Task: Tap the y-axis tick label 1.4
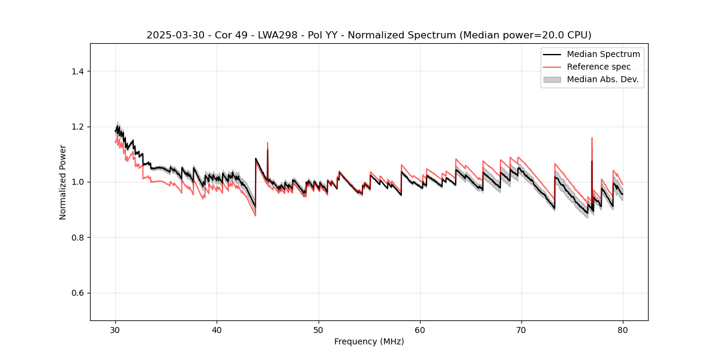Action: tap(77, 71)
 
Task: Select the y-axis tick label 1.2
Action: tap(77, 127)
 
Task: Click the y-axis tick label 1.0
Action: tap(77, 182)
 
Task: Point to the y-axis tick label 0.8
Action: tap(77, 238)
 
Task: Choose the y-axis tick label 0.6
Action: tap(77, 293)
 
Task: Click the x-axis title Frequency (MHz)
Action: tap(369, 341)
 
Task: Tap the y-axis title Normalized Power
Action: tap(63, 182)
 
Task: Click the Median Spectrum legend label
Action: tap(603, 54)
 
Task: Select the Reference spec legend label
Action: tap(598, 67)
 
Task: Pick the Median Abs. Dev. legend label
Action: tap(602, 79)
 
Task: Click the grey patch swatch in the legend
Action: tap(552, 79)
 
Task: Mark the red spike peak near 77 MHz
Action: tap(592, 138)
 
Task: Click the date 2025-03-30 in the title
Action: tap(170, 35)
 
